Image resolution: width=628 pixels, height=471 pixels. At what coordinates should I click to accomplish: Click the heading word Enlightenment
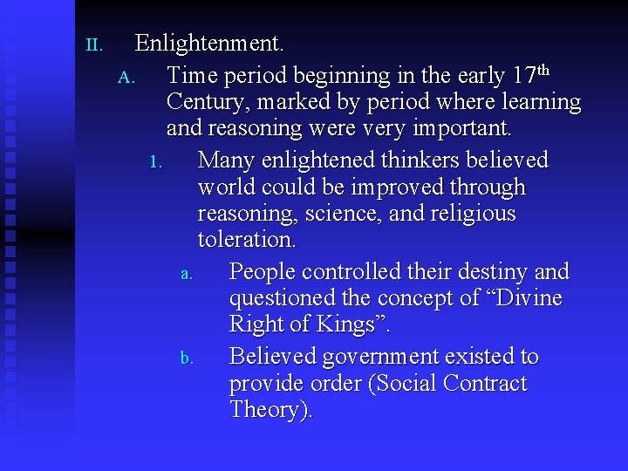click(x=209, y=43)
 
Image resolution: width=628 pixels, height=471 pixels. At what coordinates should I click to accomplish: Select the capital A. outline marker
click(x=126, y=78)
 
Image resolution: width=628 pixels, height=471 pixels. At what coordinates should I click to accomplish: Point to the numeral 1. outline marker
click(x=157, y=162)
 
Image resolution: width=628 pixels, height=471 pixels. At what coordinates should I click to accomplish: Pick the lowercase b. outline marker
click(x=187, y=358)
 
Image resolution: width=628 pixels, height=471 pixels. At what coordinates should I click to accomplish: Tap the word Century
click(x=206, y=102)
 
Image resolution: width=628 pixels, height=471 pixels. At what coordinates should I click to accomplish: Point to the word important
click(x=461, y=129)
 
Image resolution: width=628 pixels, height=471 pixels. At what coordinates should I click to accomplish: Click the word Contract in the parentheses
click(x=483, y=384)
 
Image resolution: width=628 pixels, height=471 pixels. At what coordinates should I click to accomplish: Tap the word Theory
click(x=268, y=410)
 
